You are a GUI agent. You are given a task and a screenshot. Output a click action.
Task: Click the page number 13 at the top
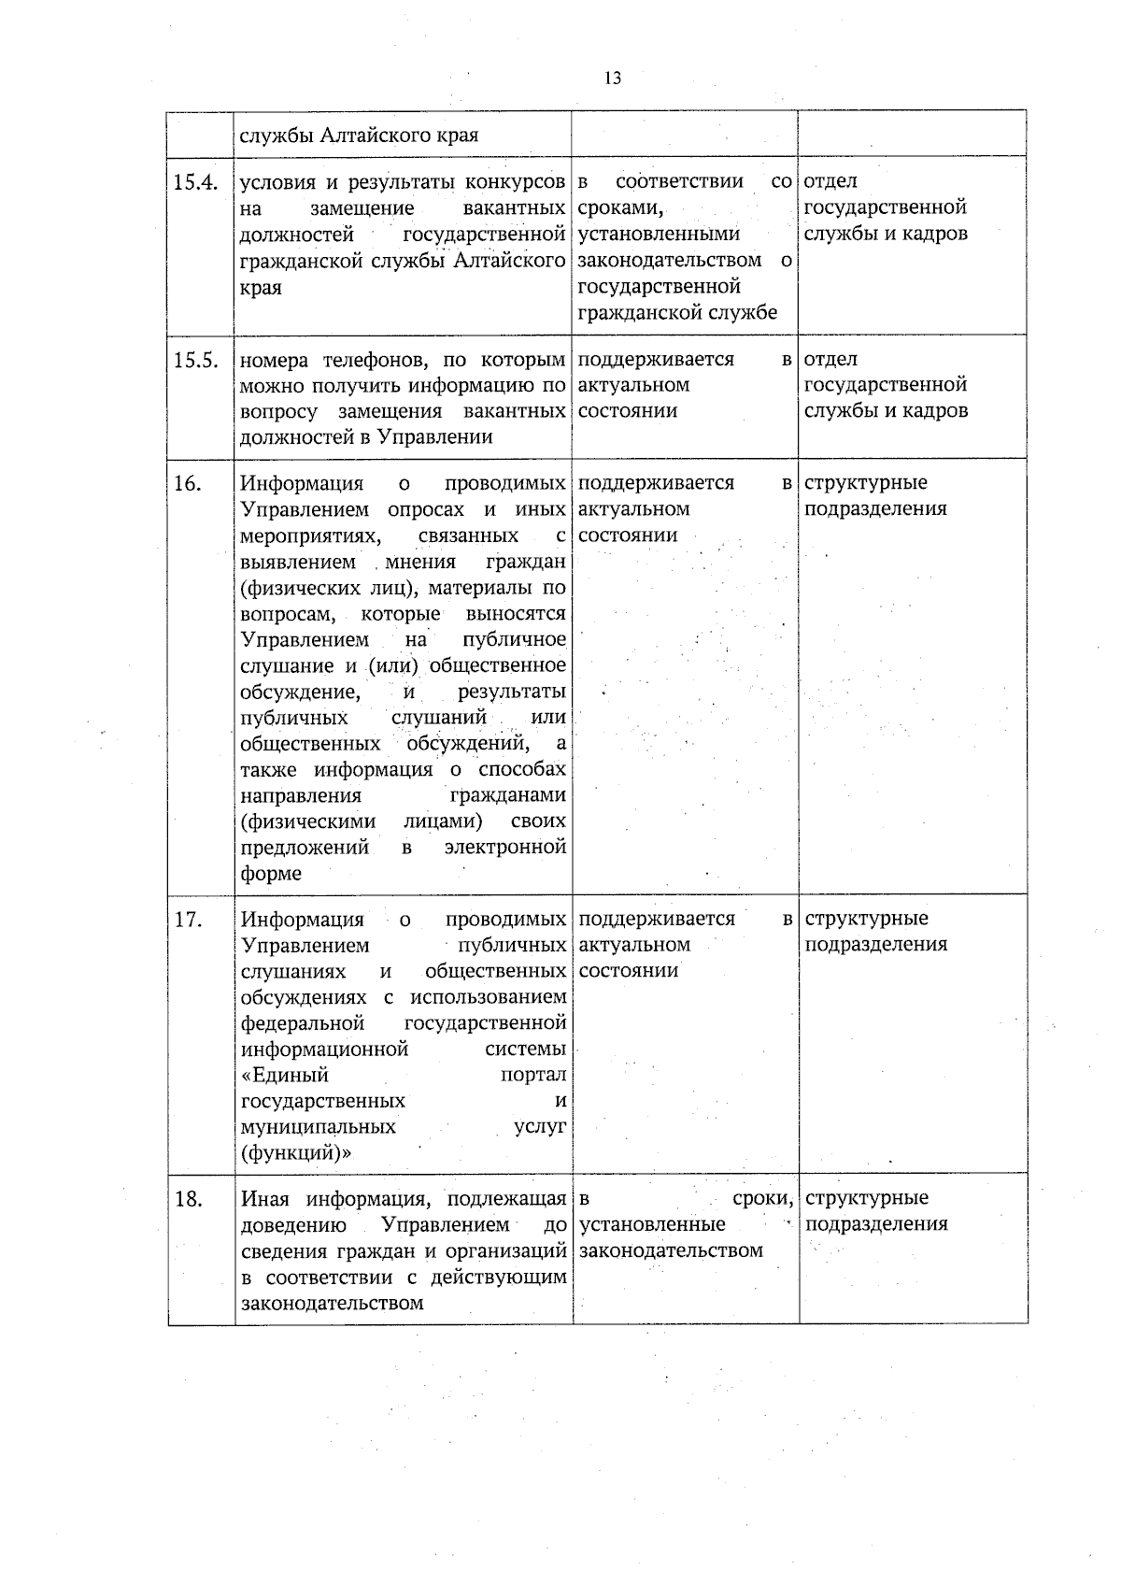[x=613, y=79]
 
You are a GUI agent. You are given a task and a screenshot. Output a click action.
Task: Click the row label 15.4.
[x=195, y=182]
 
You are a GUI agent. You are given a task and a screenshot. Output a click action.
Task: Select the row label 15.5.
[x=195, y=360]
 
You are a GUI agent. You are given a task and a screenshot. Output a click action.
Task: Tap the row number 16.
[x=188, y=484]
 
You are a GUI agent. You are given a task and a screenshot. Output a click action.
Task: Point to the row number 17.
[x=188, y=920]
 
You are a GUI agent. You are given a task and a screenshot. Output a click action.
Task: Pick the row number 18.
[x=189, y=1199]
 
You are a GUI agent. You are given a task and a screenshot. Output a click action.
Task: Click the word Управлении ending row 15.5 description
[x=434, y=437]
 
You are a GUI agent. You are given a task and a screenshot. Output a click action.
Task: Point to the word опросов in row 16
[x=426, y=509]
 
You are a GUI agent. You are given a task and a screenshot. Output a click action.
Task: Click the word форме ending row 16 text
[x=271, y=874]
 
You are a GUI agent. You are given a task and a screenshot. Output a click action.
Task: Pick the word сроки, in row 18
[x=763, y=1199]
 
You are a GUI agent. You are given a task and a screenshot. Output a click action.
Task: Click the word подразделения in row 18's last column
[x=876, y=1224]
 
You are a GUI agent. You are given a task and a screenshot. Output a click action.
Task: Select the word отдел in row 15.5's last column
[x=830, y=360]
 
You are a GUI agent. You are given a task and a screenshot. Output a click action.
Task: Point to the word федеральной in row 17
[x=303, y=1023]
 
